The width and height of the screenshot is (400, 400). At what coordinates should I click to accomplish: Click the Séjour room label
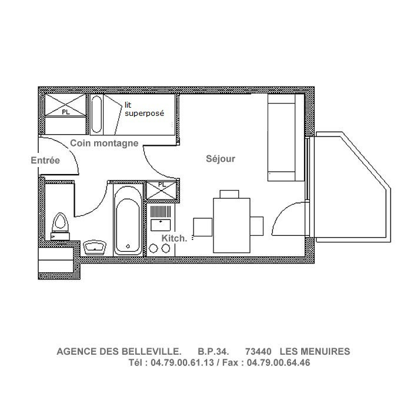tap(221, 159)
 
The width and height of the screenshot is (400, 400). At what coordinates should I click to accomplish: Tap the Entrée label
tap(45, 160)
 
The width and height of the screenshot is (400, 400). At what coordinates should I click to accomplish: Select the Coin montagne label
tap(104, 143)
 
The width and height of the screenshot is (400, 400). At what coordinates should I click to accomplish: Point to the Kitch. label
tap(174, 238)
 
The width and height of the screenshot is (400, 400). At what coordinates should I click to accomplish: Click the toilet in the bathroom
tap(59, 225)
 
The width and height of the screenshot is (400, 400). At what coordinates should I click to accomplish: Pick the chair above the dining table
tap(229, 194)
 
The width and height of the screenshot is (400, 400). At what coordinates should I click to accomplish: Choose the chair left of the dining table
tap(202, 226)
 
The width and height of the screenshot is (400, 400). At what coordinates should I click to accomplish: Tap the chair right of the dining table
tap(257, 226)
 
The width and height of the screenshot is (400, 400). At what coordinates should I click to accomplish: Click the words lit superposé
tap(144, 109)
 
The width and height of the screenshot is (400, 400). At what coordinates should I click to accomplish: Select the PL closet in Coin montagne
tap(65, 112)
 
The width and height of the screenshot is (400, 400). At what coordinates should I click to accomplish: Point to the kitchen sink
tap(161, 224)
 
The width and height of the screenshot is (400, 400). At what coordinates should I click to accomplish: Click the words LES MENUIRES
tap(315, 352)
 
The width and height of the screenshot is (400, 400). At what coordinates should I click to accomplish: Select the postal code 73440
tap(258, 352)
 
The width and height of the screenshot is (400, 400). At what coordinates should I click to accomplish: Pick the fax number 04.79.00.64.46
tap(278, 363)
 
